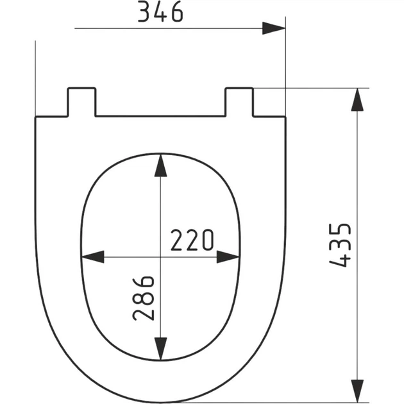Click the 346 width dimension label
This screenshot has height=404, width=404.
click(160, 12)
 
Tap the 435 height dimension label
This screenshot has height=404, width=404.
click(340, 245)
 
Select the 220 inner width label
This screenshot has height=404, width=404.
click(192, 240)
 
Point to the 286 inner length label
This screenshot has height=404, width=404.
click(144, 298)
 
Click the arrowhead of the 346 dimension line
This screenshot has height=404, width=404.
click(274, 28)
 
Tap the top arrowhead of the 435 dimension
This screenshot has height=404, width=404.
click(357, 99)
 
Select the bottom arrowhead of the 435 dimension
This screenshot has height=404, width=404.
click(357, 391)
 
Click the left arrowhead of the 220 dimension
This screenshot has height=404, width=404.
click(93, 257)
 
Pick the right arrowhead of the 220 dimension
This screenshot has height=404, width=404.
click(228, 257)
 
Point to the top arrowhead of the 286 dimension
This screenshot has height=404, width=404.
click(160, 165)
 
